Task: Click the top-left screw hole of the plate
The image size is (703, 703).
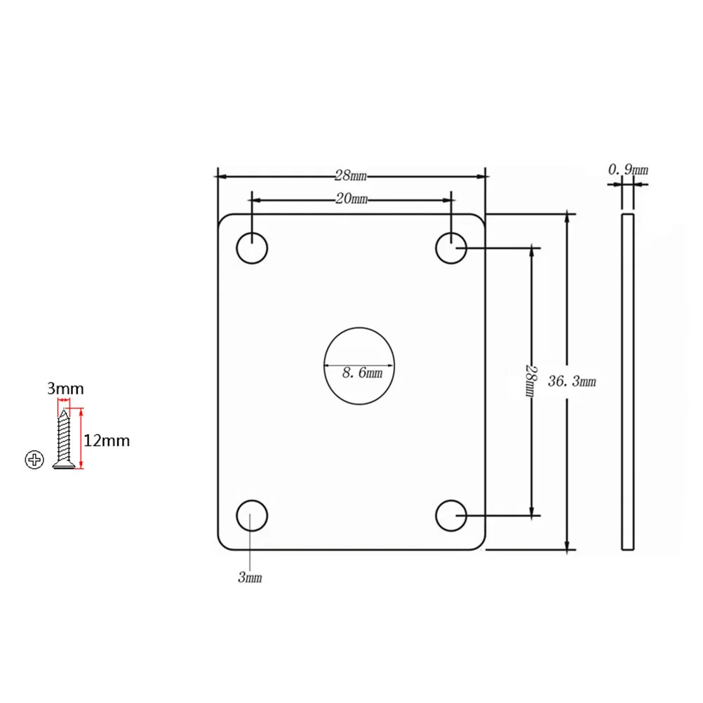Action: click(x=252, y=248)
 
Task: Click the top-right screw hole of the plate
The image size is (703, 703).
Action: click(x=451, y=248)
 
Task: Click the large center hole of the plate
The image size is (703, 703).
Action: click(x=359, y=365)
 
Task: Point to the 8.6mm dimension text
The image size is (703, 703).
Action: click(x=362, y=373)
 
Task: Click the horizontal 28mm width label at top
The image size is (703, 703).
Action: click(x=351, y=175)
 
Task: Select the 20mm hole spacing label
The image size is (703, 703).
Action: click(x=351, y=199)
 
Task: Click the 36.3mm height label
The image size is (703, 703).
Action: click(x=573, y=381)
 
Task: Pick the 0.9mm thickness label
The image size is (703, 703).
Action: click(x=628, y=169)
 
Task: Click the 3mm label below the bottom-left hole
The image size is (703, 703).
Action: click(x=250, y=577)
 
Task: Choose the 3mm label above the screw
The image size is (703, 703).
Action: click(x=65, y=388)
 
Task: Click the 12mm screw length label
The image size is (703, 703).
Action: click(x=107, y=441)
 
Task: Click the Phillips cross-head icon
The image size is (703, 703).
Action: click(x=34, y=460)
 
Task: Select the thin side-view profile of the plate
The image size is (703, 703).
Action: click(x=628, y=382)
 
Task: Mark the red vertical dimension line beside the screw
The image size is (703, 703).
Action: click(x=82, y=438)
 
